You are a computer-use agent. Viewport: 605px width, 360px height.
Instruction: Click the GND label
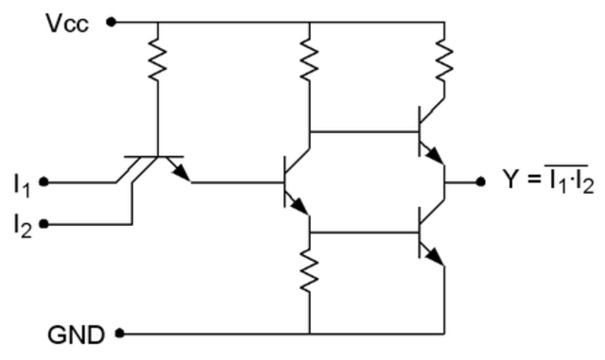(x=80, y=334)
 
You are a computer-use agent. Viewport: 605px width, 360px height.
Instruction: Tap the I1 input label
(x=21, y=181)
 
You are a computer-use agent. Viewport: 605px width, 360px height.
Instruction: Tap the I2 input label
(x=21, y=225)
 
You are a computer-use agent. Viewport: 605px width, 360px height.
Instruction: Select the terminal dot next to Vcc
(x=112, y=21)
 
